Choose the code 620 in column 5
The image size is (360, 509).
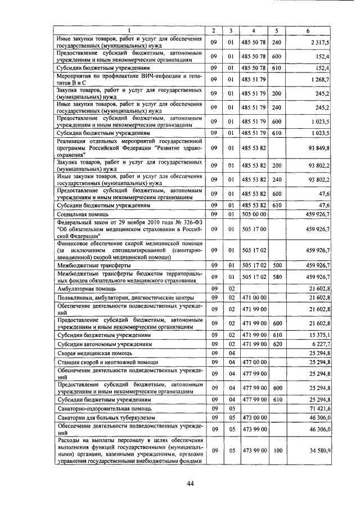(x=276, y=344)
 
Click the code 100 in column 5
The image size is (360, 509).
(x=276, y=451)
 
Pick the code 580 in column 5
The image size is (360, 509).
(x=276, y=276)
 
